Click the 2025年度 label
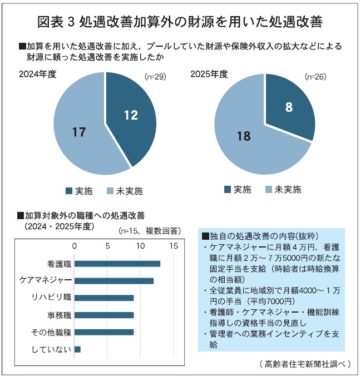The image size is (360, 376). pos(209,73)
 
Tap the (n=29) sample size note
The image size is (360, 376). pos(155,76)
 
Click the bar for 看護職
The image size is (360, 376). pos(117,264)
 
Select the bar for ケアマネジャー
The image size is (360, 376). pos(114,281)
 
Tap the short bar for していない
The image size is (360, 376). pos(77,349)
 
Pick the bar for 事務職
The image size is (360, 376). pos(104,315)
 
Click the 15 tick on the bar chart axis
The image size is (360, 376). pos(174,245)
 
